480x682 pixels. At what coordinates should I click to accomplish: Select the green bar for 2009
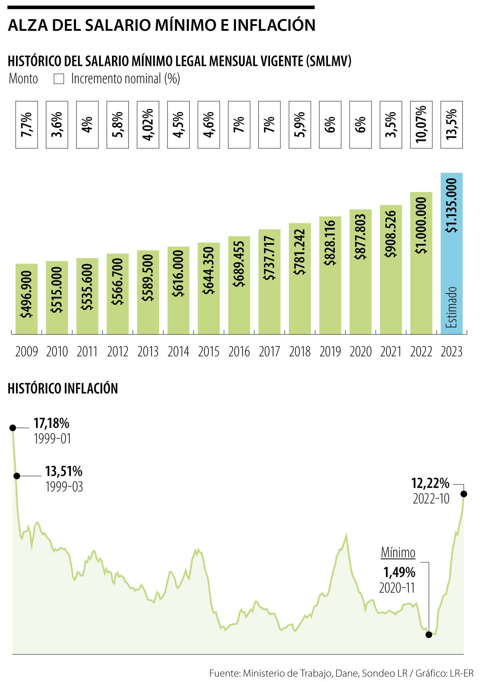tap(26, 299)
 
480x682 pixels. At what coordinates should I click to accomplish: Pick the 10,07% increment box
tap(421, 125)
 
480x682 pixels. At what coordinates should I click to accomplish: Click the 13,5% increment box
tap(452, 125)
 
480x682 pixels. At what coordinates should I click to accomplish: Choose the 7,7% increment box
tap(26, 125)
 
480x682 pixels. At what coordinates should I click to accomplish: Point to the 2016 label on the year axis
tap(239, 352)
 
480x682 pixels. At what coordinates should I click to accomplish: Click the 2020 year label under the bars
tap(360, 352)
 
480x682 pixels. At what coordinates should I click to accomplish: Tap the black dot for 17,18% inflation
tap(12, 428)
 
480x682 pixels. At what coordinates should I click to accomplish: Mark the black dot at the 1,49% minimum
tap(429, 634)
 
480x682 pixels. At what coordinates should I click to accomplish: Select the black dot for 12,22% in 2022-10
tap(464, 494)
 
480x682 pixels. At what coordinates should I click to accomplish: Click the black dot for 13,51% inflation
tap(17, 476)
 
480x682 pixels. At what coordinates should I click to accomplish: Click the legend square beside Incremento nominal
tap(59, 79)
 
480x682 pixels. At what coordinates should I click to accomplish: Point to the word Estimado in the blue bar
tap(452, 307)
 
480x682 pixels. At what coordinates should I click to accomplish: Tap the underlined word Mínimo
tap(398, 553)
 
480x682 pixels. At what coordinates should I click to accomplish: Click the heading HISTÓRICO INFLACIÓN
tap(63, 388)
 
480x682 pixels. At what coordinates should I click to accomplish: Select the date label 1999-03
tap(64, 487)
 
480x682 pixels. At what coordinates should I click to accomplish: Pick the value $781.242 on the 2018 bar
tap(300, 252)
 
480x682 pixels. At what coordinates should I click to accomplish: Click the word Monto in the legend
tap(23, 79)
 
